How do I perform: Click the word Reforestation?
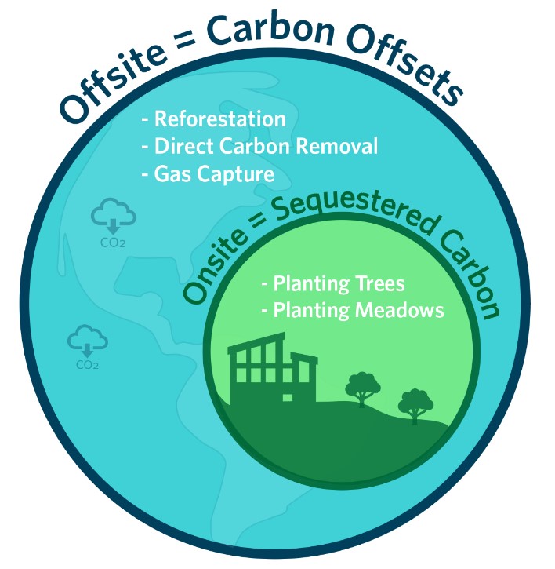click(x=220, y=119)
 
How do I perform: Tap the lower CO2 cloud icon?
click(x=87, y=341)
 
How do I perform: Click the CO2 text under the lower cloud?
click(x=87, y=365)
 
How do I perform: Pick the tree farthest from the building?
click(x=415, y=406)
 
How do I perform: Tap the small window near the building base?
click(x=288, y=397)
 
